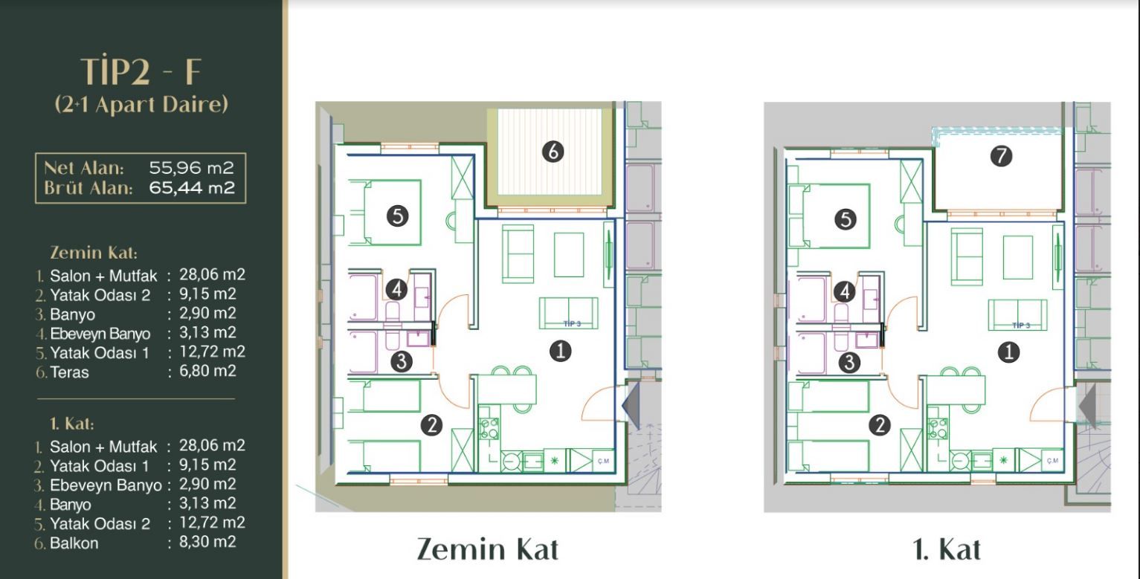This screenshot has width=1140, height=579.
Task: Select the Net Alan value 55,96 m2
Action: (191, 167)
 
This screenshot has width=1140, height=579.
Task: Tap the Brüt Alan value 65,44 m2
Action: (192, 188)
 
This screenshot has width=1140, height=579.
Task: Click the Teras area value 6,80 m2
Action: (207, 371)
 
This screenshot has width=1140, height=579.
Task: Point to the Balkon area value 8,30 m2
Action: (207, 542)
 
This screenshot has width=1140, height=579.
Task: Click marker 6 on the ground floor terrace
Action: (553, 152)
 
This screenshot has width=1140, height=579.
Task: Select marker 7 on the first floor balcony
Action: (1001, 155)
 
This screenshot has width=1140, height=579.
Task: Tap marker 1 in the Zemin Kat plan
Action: (560, 352)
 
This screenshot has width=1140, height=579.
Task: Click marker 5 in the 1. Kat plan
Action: (846, 219)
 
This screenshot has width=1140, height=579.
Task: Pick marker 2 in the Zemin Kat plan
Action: (431, 425)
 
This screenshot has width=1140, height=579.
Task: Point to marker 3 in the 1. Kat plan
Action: (849, 362)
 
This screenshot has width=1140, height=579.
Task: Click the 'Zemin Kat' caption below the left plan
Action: (488, 549)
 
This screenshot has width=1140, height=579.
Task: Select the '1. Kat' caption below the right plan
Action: (947, 549)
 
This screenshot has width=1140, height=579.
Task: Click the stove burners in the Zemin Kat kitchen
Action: (489, 428)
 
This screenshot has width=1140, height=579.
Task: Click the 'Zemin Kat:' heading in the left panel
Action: (94, 253)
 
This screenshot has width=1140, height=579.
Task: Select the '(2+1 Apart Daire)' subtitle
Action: (141, 104)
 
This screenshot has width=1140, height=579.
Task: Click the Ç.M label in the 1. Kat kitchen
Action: (1052, 461)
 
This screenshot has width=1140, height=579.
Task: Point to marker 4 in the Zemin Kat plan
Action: (396, 290)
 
